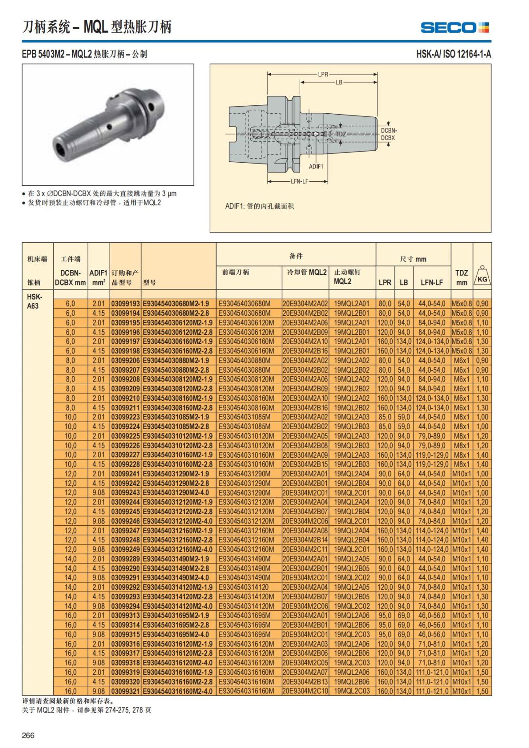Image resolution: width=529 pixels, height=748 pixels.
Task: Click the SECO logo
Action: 454,27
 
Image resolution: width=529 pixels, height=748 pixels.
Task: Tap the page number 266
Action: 28,735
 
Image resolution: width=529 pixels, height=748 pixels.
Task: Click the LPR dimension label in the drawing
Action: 323,74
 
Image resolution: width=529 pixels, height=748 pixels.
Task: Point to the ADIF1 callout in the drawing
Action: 316,166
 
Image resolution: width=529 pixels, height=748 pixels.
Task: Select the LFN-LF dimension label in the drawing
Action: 299,181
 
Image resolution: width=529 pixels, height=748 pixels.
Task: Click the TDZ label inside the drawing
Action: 341,134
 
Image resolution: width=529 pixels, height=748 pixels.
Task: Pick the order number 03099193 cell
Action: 125,303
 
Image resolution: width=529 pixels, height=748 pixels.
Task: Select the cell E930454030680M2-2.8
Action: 178,313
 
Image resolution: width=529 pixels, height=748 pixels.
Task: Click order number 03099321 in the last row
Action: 125,691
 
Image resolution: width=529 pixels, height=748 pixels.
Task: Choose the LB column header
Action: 404,282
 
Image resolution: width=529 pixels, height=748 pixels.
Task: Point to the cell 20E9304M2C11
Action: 305,550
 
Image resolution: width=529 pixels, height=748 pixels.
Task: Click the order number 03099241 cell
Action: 125,474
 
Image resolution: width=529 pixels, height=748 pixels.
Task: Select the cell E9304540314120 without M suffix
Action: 244,587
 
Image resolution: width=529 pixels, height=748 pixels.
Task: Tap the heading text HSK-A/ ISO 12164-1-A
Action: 454,54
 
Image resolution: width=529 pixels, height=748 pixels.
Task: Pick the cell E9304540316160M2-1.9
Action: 178,672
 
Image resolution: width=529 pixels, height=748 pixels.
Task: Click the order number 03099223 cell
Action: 125,417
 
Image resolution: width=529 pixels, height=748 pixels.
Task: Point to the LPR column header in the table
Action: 385,282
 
